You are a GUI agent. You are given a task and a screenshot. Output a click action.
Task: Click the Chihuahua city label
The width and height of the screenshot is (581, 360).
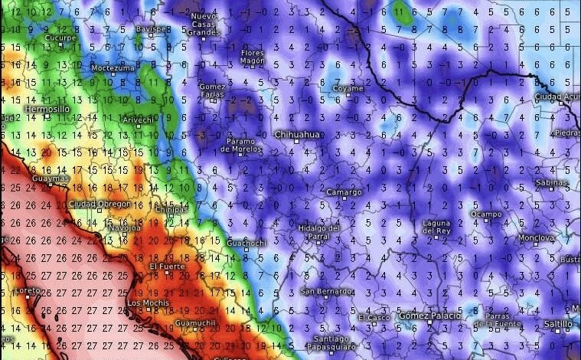tap(299, 136)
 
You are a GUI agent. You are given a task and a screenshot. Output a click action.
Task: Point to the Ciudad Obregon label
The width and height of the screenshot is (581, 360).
tap(100, 204)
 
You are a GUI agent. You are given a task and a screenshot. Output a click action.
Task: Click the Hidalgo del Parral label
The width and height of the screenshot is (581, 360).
tap(319, 231)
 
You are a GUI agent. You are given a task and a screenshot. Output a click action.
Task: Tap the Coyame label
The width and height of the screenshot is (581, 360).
tap(348, 89)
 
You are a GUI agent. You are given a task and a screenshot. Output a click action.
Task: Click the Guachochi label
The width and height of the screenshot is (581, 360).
tap(246, 243)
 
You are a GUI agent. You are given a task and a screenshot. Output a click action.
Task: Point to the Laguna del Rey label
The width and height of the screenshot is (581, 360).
tap(437, 227)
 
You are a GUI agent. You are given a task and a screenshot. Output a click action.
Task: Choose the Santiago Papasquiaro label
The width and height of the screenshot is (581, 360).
tap(332, 342)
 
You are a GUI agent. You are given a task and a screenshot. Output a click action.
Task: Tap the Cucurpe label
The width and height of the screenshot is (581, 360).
tap(60, 37)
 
